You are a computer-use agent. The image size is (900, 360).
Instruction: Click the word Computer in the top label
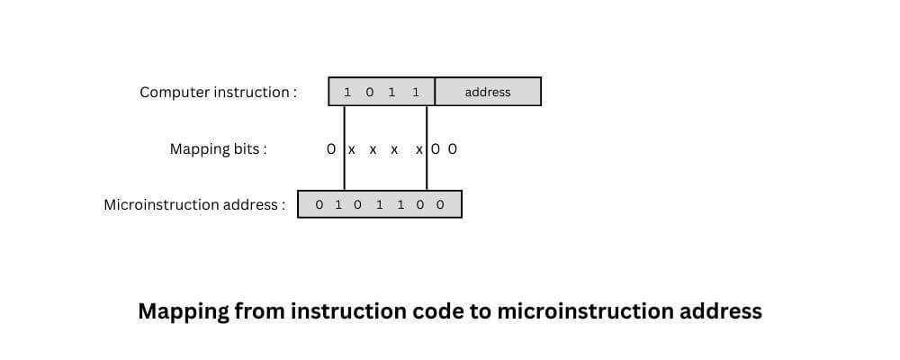pyautogui.click(x=175, y=92)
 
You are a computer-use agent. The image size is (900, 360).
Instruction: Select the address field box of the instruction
pyautogui.click(x=488, y=92)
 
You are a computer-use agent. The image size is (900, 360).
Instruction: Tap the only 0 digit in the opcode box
pyautogui.click(x=369, y=92)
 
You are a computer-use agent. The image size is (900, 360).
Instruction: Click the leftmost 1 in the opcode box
pyautogui.click(x=347, y=92)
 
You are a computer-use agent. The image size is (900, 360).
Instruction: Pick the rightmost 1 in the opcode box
pyautogui.click(x=415, y=92)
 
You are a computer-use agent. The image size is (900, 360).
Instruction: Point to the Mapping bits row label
pyautogui.click(x=218, y=148)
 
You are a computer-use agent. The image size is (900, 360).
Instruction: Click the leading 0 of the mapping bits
pyautogui.click(x=331, y=148)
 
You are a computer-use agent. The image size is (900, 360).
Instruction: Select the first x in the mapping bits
pyautogui.click(x=352, y=149)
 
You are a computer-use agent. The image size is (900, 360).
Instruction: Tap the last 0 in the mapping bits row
pyautogui.click(x=453, y=148)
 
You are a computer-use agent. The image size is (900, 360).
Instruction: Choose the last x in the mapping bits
pyautogui.click(x=419, y=149)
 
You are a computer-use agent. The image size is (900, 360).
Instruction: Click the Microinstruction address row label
pyautogui.click(x=194, y=204)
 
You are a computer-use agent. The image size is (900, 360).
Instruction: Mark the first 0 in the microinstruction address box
pyautogui.click(x=319, y=204)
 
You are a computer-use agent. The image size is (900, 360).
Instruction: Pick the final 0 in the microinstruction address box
pyautogui.click(x=440, y=204)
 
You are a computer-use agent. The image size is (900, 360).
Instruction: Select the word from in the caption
pyautogui.click(x=262, y=311)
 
